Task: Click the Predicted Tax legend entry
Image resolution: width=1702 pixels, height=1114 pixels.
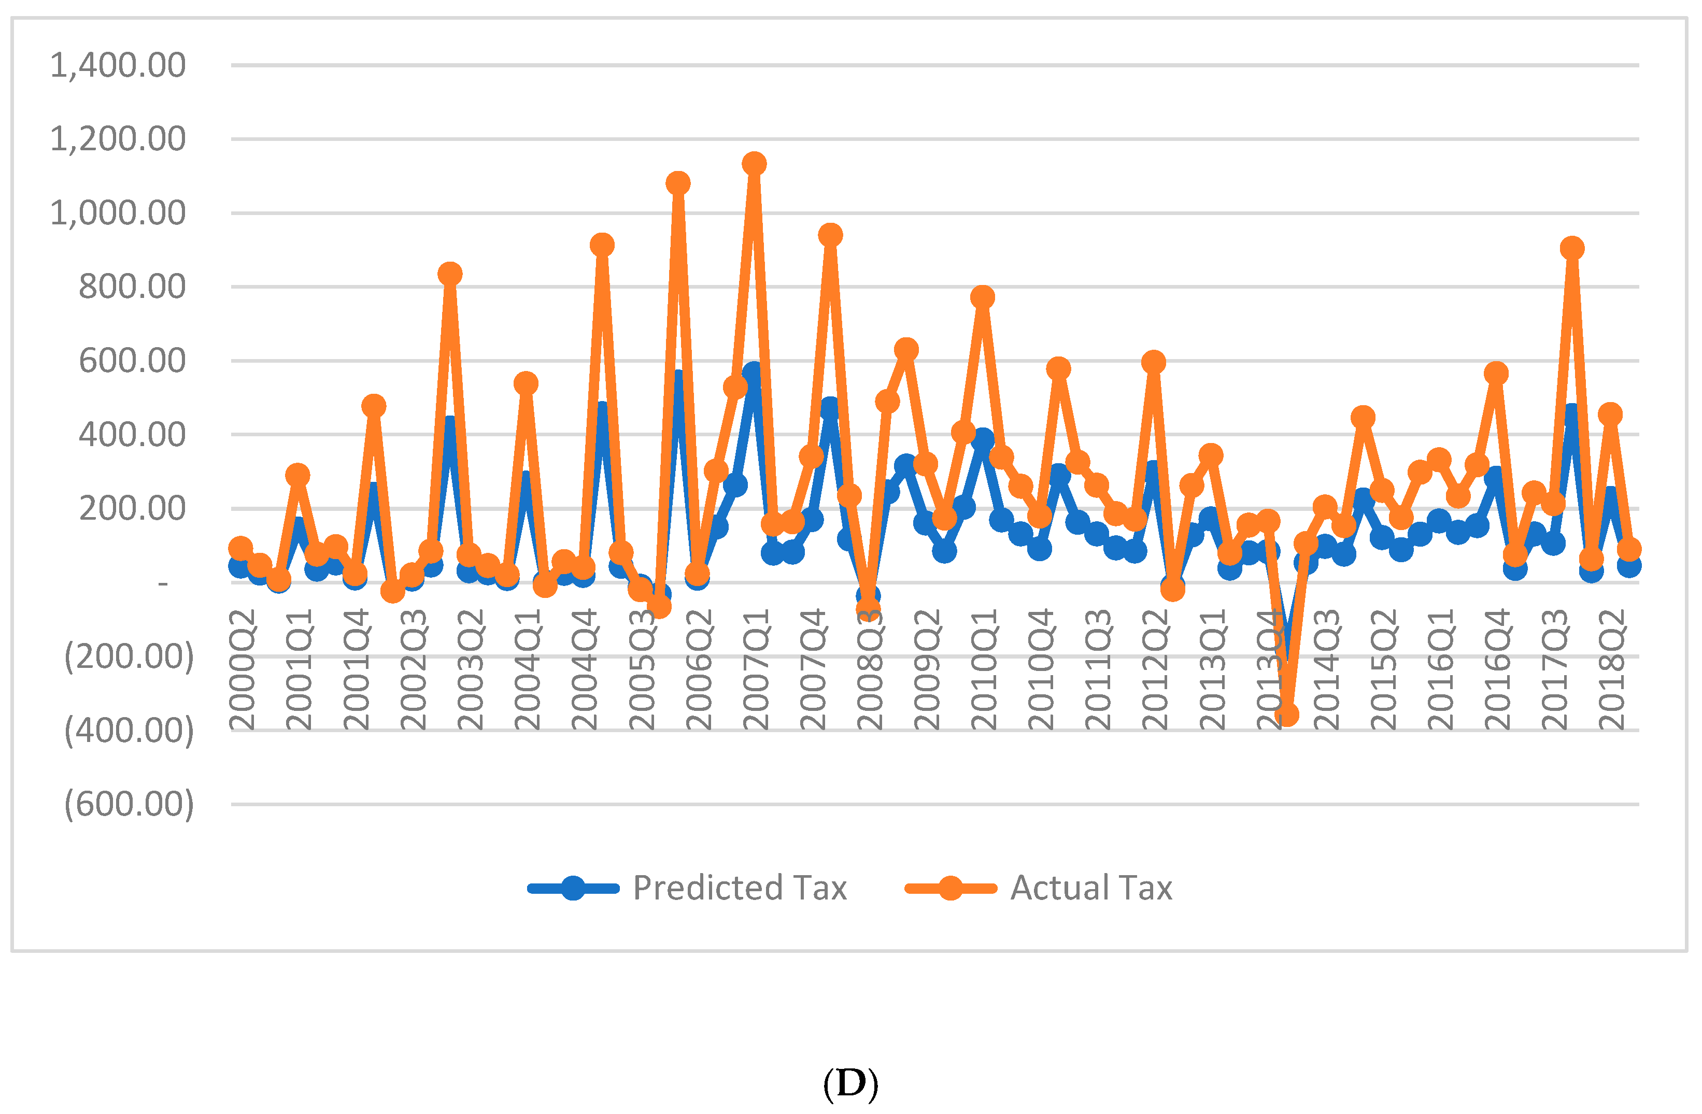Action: (x=687, y=889)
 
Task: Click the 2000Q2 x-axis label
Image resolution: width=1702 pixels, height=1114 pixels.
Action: (x=242, y=670)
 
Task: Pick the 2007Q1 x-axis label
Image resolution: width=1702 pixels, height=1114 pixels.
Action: (x=756, y=670)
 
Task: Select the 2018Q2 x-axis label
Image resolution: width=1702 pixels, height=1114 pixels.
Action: (x=1613, y=670)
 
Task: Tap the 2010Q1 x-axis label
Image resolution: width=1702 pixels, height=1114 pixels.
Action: (x=984, y=670)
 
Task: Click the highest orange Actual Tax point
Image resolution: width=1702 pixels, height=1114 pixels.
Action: (x=754, y=164)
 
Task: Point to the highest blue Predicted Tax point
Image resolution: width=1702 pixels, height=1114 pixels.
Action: (x=753, y=373)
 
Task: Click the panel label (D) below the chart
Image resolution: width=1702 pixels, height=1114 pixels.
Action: (x=850, y=1084)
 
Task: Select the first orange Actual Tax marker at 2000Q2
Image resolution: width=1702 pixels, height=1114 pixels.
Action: (x=240, y=548)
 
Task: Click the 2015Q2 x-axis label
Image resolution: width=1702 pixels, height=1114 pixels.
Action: (x=1384, y=670)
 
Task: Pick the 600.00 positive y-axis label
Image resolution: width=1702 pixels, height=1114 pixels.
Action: (x=132, y=361)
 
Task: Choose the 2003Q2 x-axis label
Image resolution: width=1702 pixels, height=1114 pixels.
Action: (x=470, y=670)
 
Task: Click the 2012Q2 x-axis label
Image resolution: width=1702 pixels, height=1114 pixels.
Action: (x=1156, y=670)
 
